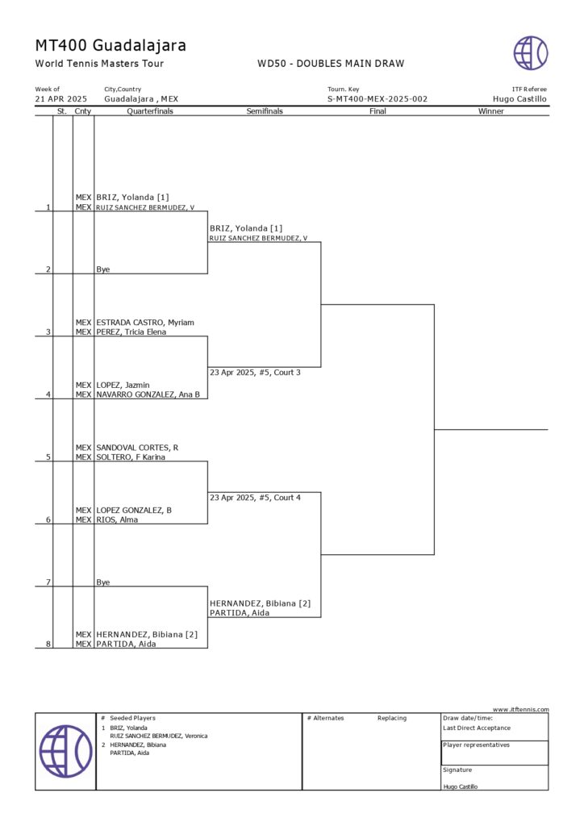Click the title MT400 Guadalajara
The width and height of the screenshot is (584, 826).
click(x=111, y=45)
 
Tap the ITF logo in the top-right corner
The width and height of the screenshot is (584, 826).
click(x=531, y=53)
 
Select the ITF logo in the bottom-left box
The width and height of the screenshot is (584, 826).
click(x=65, y=751)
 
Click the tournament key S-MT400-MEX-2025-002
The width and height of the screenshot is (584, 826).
click(x=378, y=99)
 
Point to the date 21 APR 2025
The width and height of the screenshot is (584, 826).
click(x=61, y=99)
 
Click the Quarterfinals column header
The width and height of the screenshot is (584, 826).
click(x=150, y=111)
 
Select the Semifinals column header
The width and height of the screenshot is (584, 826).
click(x=265, y=111)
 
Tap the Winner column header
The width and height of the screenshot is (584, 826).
click(x=490, y=111)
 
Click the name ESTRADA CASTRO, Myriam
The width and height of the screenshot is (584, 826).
click(x=145, y=323)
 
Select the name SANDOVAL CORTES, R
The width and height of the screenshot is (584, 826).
click(x=138, y=448)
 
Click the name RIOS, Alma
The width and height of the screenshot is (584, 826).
click(x=117, y=519)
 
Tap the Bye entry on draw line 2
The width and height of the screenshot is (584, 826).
click(x=103, y=269)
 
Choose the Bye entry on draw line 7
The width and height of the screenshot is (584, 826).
click(x=103, y=582)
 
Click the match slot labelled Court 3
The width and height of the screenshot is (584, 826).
click(x=255, y=373)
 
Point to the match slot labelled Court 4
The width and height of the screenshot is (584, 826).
click(x=255, y=498)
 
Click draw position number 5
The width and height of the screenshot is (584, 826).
click(x=48, y=457)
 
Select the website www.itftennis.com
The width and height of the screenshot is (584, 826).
click(x=520, y=709)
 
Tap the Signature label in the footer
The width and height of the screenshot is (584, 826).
click(x=457, y=770)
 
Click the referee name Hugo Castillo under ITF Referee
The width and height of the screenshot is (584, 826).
click(x=519, y=99)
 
